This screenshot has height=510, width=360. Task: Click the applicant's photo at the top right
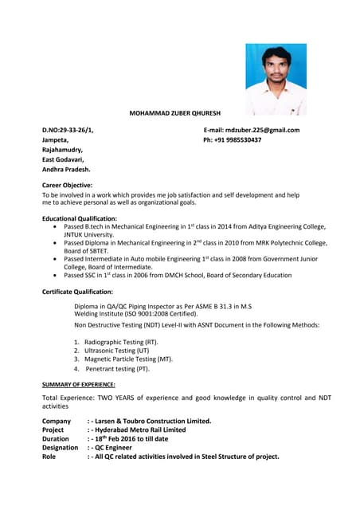coord(276,79)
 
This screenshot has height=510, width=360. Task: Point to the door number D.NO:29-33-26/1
coord(68,130)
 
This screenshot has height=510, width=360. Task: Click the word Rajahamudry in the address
coord(62,150)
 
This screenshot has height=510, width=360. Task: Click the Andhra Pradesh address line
coord(66,169)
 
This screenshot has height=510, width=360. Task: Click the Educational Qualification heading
coord(80,218)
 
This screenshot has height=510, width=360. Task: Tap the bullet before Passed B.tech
coord(54,227)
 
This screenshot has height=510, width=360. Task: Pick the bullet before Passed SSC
coord(54,275)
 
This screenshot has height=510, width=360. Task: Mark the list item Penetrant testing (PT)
coord(117,369)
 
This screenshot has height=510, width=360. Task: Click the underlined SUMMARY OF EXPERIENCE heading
coord(78,385)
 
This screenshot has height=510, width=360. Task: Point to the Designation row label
coord(60,448)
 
